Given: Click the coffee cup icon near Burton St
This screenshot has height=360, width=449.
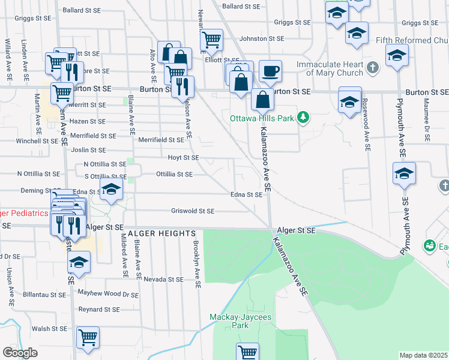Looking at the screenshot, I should tap(270, 71).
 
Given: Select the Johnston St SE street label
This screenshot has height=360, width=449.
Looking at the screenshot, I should tap(261, 38).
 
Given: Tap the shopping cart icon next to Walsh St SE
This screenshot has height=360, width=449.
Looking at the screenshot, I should tap(88, 337).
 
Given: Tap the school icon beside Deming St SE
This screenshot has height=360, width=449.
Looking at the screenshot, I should tap(110, 190).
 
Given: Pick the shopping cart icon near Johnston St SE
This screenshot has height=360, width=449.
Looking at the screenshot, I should tap(211, 40).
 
